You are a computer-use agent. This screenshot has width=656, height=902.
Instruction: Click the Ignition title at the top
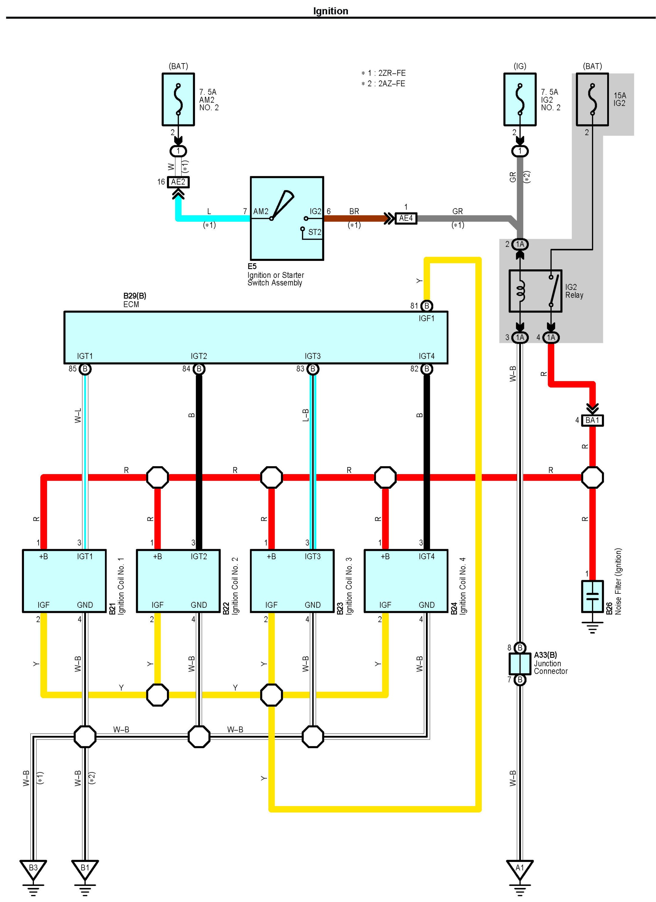click(330, 11)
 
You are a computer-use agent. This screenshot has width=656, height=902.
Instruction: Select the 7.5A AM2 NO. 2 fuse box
click(178, 99)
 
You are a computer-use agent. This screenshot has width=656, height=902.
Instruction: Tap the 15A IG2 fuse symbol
click(592, 99)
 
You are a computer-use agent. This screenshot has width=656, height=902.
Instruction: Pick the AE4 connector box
click(406, 218)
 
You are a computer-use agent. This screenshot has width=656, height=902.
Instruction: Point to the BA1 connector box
click(592, 420)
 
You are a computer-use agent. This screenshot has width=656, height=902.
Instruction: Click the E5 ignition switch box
click(287, 218)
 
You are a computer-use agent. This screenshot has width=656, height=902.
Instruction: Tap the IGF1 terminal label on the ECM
click(426, 319)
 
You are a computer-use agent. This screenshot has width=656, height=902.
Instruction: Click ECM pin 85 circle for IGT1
click(85, 369)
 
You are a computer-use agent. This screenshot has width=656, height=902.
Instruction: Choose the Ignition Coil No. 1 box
click(64, 581)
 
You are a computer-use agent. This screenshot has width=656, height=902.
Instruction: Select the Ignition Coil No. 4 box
click(406, 581)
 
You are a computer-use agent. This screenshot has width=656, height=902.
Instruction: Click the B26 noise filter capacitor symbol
click(592, 596)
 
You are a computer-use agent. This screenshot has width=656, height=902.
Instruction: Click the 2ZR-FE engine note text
click(384, 73)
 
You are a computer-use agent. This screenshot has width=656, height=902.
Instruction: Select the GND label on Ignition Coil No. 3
click(312, 605)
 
